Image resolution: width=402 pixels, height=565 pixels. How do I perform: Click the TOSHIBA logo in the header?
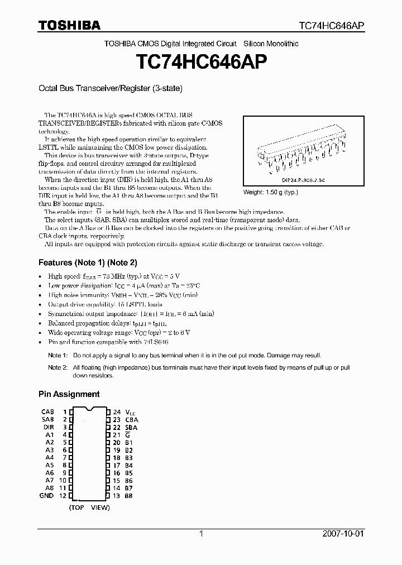(x=69, y=25)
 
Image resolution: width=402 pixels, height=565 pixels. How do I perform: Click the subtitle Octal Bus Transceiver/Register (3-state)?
(x=111, y=88)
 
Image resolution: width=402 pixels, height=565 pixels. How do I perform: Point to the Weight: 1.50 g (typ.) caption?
(x=271, y=192)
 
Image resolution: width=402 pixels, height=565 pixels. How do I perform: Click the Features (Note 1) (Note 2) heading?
(x=88, y=262)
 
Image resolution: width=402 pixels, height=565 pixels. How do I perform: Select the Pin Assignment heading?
(x=69, y=394)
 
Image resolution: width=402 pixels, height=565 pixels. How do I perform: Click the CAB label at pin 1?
(x=47, y=411)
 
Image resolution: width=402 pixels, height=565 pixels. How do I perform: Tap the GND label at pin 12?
(x=47, y=496)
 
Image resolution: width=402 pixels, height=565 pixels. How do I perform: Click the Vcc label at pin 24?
(x=131, y=411)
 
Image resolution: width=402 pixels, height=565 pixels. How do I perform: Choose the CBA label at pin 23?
(x=132, y=419)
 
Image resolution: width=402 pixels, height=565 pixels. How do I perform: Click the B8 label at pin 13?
(x=129, y=496)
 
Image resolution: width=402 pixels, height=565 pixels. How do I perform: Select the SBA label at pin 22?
(x=132, y=427)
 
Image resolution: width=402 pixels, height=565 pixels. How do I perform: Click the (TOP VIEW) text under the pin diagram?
(x=89, y=507)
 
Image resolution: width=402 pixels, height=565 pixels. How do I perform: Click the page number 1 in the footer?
(x=201, y=534)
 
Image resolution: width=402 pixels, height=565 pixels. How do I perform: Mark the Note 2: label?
(x=57, y=367)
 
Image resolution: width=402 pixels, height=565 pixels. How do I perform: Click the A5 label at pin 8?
(x=50, y=465)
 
